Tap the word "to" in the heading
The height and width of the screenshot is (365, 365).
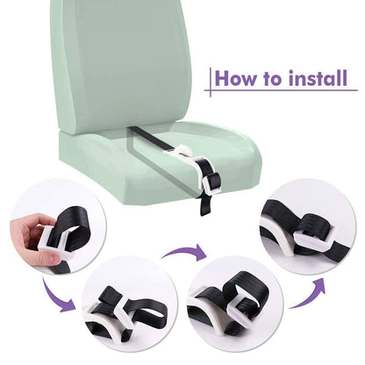click(272, 78)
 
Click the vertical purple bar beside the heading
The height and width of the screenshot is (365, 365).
click(211, 82)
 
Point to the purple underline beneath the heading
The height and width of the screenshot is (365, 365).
click(281, 89)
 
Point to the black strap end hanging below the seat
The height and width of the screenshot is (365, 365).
click(204, 205)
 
